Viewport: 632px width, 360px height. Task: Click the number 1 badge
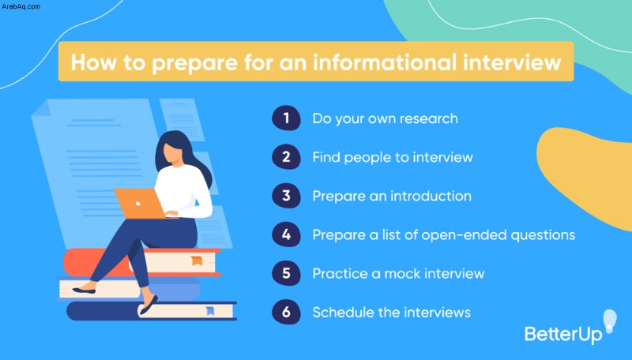tap(286, 118)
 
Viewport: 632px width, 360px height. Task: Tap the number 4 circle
tap(286, 234)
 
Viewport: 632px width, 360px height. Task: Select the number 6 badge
tap(286, 312)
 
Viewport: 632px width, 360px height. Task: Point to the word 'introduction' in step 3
tap(431, 196)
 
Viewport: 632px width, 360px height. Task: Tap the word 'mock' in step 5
tap(402, 274)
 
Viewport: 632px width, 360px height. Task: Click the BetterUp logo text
tap(563, 335)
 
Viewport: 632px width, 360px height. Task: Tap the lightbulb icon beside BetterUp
tap(610, 321)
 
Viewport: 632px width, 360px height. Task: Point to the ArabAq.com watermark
tap(21, 6)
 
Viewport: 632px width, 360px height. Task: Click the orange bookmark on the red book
tap(197, 261)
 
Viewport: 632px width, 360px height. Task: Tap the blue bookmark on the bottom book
tap(210, 311)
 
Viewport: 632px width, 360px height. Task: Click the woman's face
tap(171, 153)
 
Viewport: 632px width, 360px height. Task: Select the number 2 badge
tap(286, 156)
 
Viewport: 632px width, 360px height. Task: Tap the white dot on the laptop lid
tap(137, 204)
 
